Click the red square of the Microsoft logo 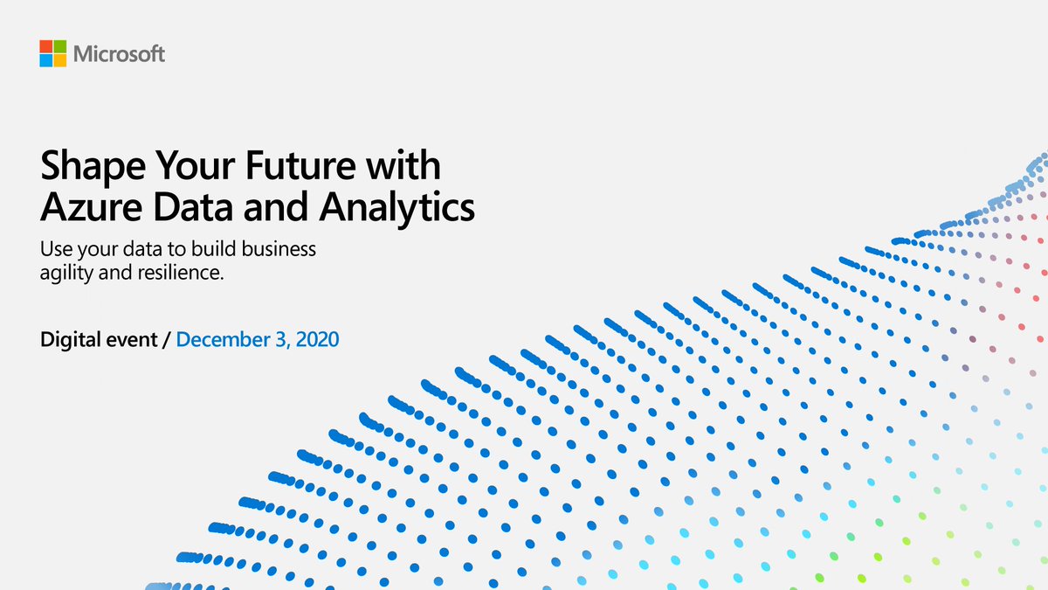pos(45,46)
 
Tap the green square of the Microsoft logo pos(59,46)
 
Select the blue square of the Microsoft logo pos(45,60)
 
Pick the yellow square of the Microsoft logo pos(59,60)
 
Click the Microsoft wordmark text pos(119,54)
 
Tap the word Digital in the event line pos(69,338)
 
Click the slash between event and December pos(167,338)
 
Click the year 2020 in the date pos(317,338)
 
